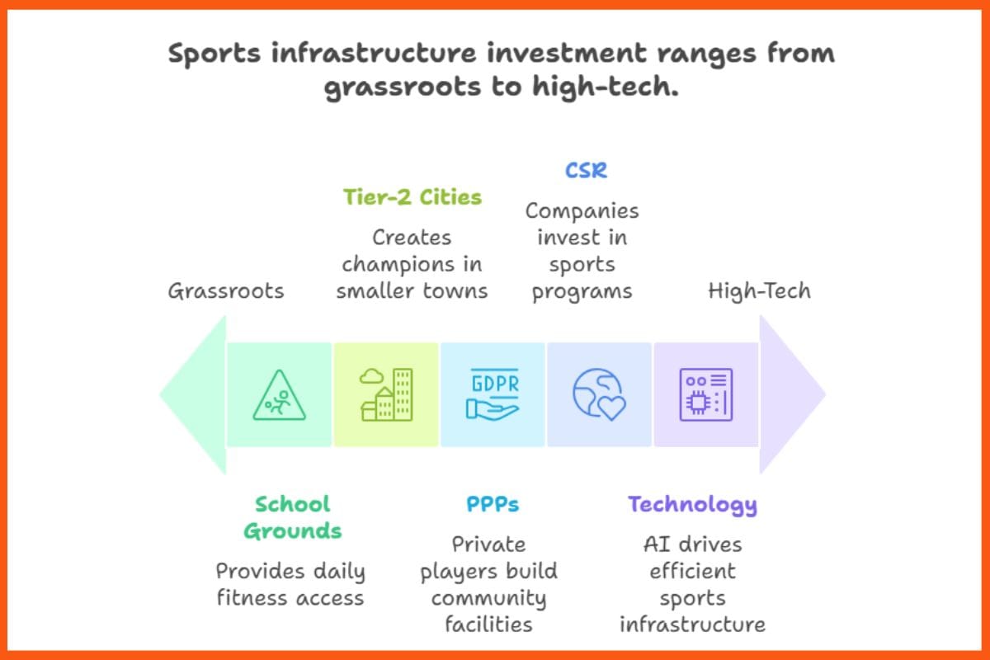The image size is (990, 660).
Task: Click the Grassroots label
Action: click(225, 290)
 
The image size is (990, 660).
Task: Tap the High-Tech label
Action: click(759, 290)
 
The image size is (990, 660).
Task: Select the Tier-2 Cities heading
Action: click(412, 198)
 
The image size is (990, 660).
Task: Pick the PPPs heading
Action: click(493, 504)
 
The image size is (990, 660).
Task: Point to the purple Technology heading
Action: click(692, 504)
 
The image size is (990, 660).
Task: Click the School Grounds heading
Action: click(292, 517)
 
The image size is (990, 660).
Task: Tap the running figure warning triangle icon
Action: click(279, 395)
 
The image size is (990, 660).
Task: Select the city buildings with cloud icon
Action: click(386, 395)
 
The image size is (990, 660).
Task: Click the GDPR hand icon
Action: click(493, 395)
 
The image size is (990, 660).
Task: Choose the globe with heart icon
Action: click(599, 395)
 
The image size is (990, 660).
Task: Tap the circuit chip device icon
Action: click(705, 395)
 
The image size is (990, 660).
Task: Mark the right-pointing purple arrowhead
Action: click(791, 395)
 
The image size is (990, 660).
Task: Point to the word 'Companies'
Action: click(582, 211)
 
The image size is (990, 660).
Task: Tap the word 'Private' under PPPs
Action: click(488, 544)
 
